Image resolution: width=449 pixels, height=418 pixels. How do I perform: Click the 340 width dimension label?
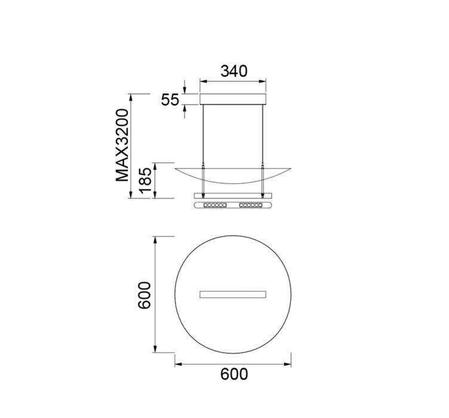pos(233,71)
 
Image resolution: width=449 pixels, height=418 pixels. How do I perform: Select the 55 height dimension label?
pos(170,100)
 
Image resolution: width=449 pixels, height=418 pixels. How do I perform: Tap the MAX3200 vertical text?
pos(122,145)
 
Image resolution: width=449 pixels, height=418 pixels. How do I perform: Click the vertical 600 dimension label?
pos(144,295)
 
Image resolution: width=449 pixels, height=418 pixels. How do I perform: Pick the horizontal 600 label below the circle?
pos(234,374)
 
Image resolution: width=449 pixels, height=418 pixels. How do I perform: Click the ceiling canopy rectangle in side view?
pos(233,99)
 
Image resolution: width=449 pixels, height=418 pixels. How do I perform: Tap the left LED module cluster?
pos(215,205)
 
